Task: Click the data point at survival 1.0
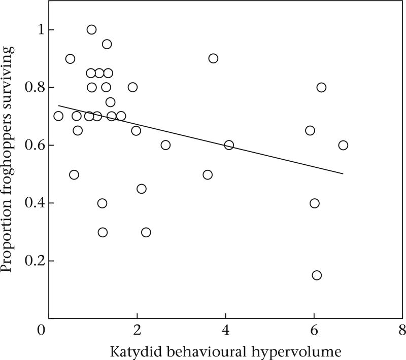(x=91, y=29)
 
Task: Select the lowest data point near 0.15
(x=317, y=275)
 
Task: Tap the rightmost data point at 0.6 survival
(x=343, y=145)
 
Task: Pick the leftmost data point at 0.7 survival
(x=58, y=116)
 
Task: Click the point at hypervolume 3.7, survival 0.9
(x=213, y=58)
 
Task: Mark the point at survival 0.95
(x=107, y=44)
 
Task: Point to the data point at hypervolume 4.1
(x=229, y=145)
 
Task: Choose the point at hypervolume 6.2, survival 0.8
(x=321, y=87)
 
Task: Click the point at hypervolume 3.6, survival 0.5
(x=208, y=175)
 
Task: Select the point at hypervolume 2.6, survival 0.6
(x=165, y=145)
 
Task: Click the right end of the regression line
(x=343, y=174)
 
